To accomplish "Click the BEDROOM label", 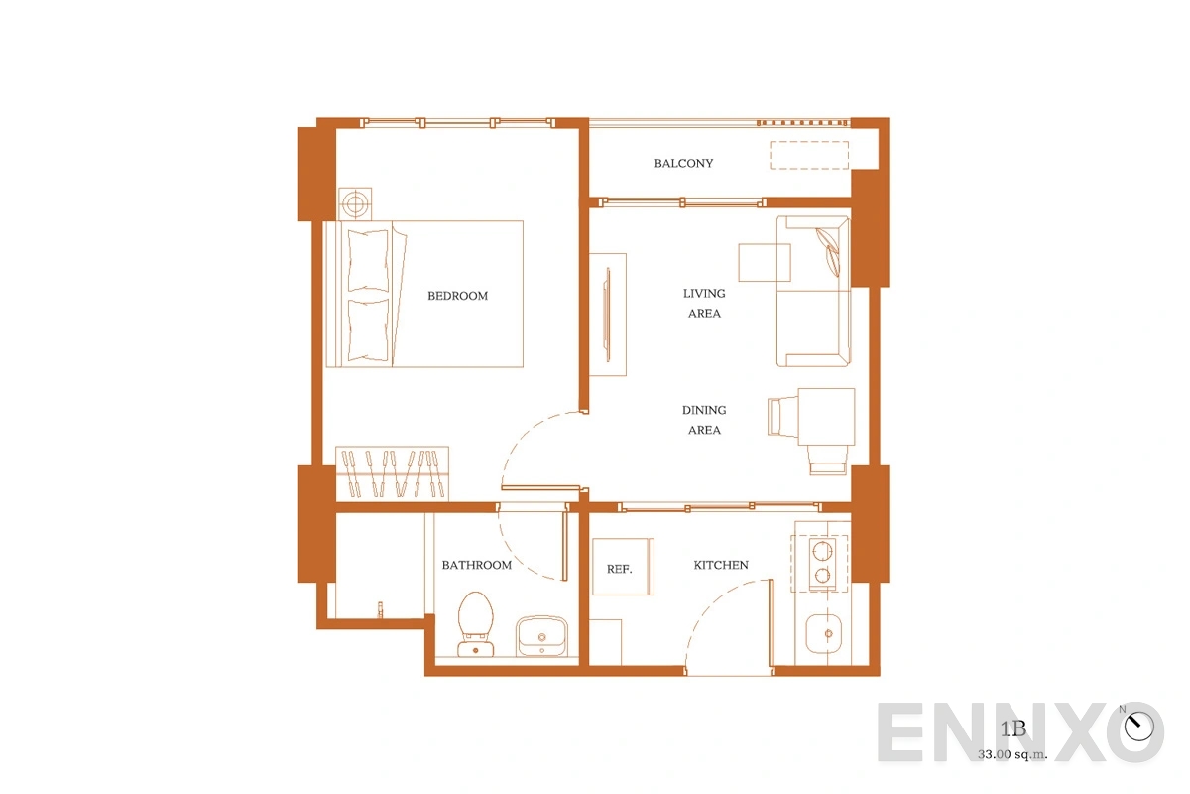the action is click(x=457, y=296).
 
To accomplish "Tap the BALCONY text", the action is click(x=683, y=164).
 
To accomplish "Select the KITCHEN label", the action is click(x=720, y=565).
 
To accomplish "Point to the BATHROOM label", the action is click(x=477, y=565).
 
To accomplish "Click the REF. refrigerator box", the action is click(x=623, y=567).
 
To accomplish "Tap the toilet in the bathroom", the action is click(x=475, y=624).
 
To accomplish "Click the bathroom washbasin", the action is click(x=541, y=636).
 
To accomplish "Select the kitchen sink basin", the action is click(x=823, y=634).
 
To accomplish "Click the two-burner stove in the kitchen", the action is click(x=822, y=564).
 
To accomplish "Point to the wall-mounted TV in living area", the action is click(x=607, y=315).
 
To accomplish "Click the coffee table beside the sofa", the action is click(x=764, y=262).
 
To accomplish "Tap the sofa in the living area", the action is click(x=813, y=292).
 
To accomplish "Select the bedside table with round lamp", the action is click(x=355, y=203).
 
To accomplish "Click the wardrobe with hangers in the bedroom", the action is click(x=392, y=473).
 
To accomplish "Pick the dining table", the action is click(x=826, y=417).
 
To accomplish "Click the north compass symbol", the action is click(x=1139, y=726).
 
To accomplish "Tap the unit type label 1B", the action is click(x=1013, y=729).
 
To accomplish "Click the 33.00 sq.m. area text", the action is click(x=1012, y=754).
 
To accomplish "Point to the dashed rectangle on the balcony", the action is click(x=809, y=155).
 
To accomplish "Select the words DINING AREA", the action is click(x=704, y=420).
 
